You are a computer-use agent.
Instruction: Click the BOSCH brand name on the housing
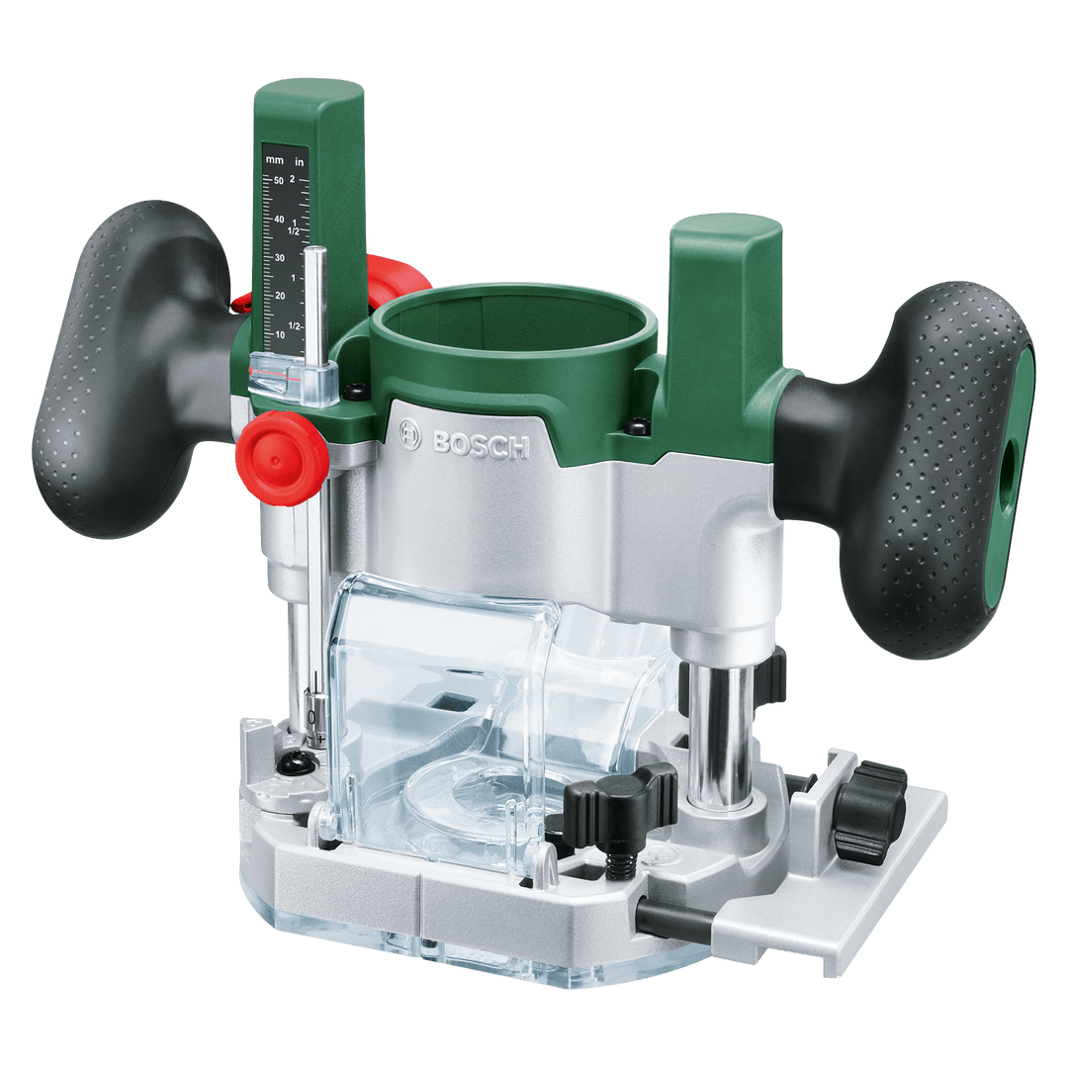(481, 445)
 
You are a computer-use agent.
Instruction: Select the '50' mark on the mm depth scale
(279, 181)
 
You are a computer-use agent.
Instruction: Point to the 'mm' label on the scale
(275, 160)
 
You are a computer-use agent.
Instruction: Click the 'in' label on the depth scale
(299, 161)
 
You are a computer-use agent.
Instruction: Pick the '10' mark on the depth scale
(280, 335)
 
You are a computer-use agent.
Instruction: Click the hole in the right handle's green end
(1009, 471)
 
